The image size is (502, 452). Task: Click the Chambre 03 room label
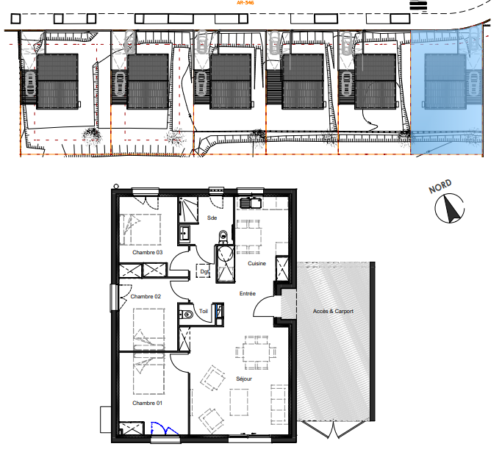[147, 252]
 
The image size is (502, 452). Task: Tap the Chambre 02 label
[146, 296]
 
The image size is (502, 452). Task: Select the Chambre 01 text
[147, 403]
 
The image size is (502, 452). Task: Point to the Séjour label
[244, 379]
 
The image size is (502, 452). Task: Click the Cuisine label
[257, 263]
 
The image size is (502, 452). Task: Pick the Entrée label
[248, 293]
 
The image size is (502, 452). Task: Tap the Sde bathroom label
[212, 218]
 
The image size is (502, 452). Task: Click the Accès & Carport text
[333, 311]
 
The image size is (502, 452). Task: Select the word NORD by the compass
[440, 186]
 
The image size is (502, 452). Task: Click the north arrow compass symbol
[450, 208]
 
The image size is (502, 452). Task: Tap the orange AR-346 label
[245, 2]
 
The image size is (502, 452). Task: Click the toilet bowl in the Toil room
[187, 315]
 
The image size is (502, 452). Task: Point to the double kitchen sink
[251, 203]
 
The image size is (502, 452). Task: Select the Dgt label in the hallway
[204, 272]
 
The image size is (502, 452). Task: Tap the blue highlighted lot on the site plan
[447, 93]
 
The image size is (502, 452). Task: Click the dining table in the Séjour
[256, 353]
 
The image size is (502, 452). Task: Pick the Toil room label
[204, 311]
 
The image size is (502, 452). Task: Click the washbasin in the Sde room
[184, 233]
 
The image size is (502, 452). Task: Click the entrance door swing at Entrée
[263, 304]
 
